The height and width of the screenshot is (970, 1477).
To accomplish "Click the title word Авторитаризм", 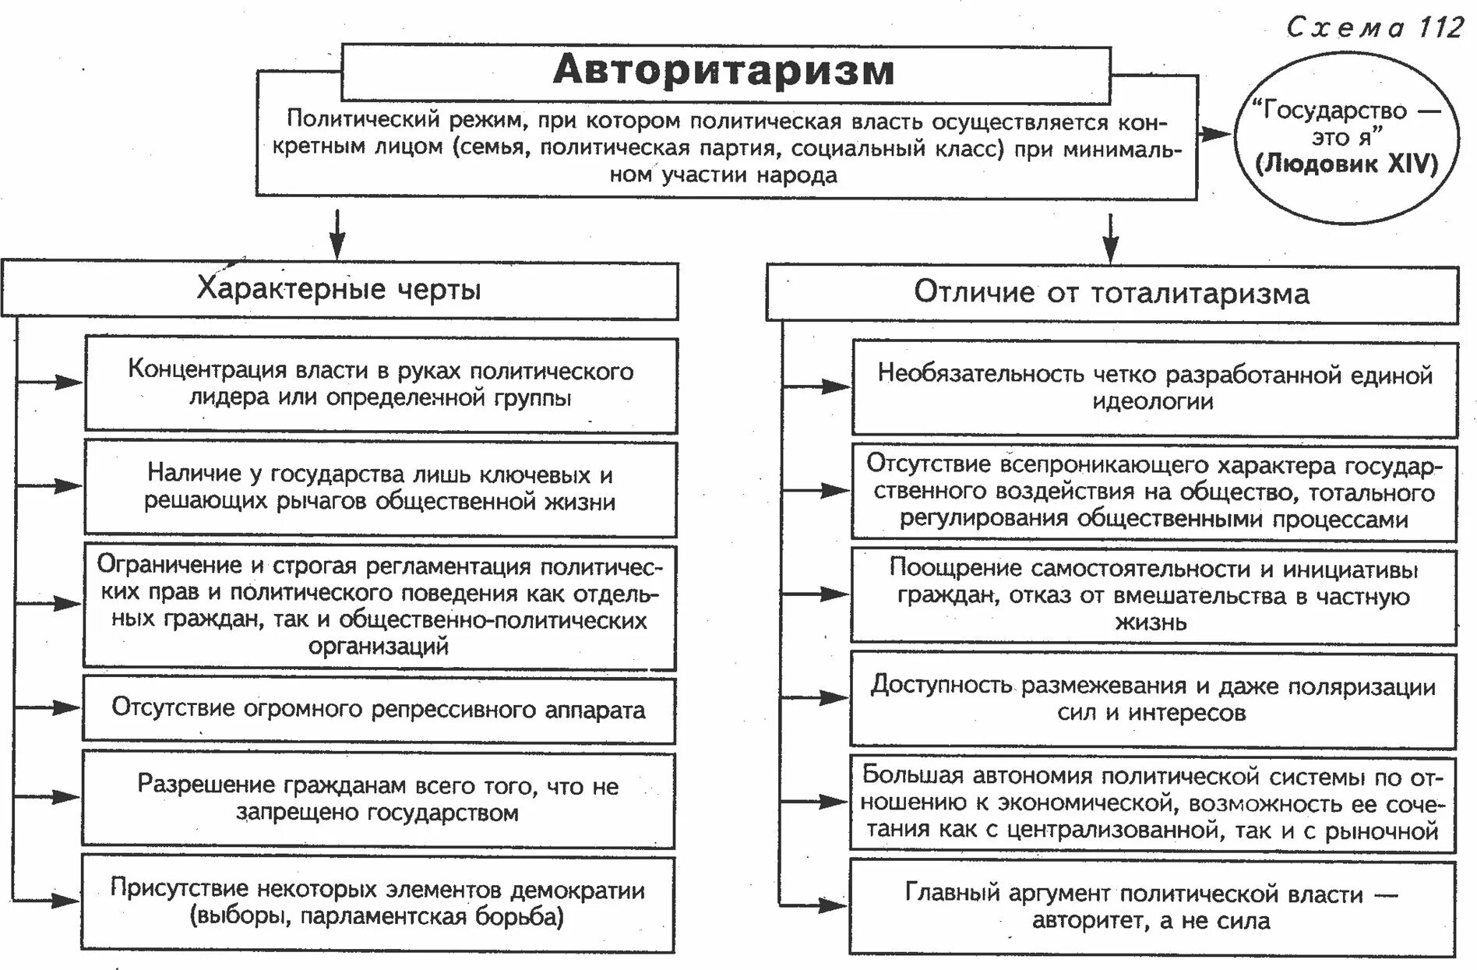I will pos(724,71).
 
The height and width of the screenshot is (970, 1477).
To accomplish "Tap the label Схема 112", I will pos(1375,27).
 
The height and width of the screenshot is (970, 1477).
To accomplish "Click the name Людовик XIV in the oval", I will pos(1347,164).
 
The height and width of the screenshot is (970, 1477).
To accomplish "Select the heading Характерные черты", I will pos(339,289).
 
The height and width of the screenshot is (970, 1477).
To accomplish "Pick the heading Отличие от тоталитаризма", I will pos(1112,293).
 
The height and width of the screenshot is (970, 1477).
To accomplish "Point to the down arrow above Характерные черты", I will pos(337,234).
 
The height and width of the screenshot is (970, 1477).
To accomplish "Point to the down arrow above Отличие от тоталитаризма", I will pos(1111,238).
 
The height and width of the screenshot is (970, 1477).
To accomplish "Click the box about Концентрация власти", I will pos(380,384).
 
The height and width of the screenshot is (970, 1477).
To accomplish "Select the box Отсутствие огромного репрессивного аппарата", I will pos(379,709).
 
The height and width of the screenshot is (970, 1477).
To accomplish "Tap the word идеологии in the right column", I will pos(1153,402).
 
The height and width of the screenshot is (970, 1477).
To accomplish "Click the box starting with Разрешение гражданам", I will pos(378,799).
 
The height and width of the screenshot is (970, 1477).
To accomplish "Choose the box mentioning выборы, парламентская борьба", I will pos(378,903).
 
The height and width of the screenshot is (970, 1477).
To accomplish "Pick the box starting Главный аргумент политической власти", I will pos(1151,907).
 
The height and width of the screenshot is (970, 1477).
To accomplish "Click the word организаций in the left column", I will pos(379,647).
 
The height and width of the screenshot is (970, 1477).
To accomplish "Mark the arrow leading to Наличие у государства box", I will pos(50,486).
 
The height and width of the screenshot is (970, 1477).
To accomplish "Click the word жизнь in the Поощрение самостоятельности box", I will pos(1151,623).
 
